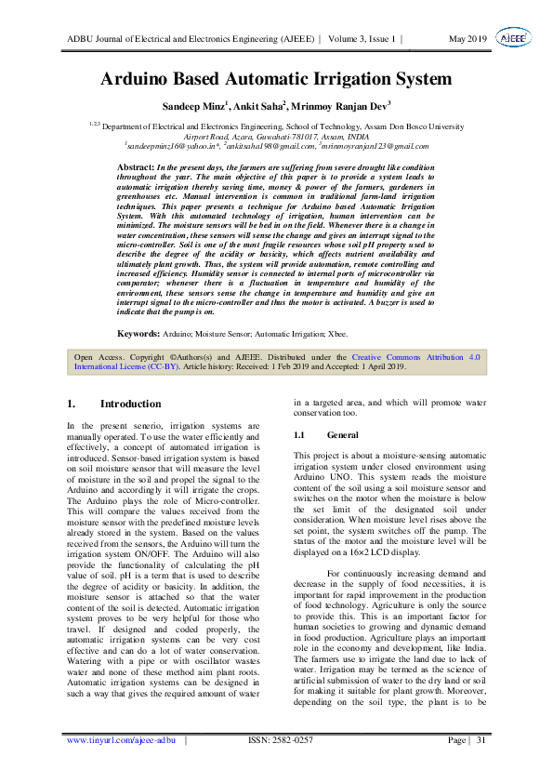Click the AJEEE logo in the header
click(510, 38)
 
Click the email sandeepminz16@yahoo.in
click(165, 147)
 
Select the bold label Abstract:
click(135, 166)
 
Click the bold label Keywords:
click(139, 333)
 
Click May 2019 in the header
click(468, 39)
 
